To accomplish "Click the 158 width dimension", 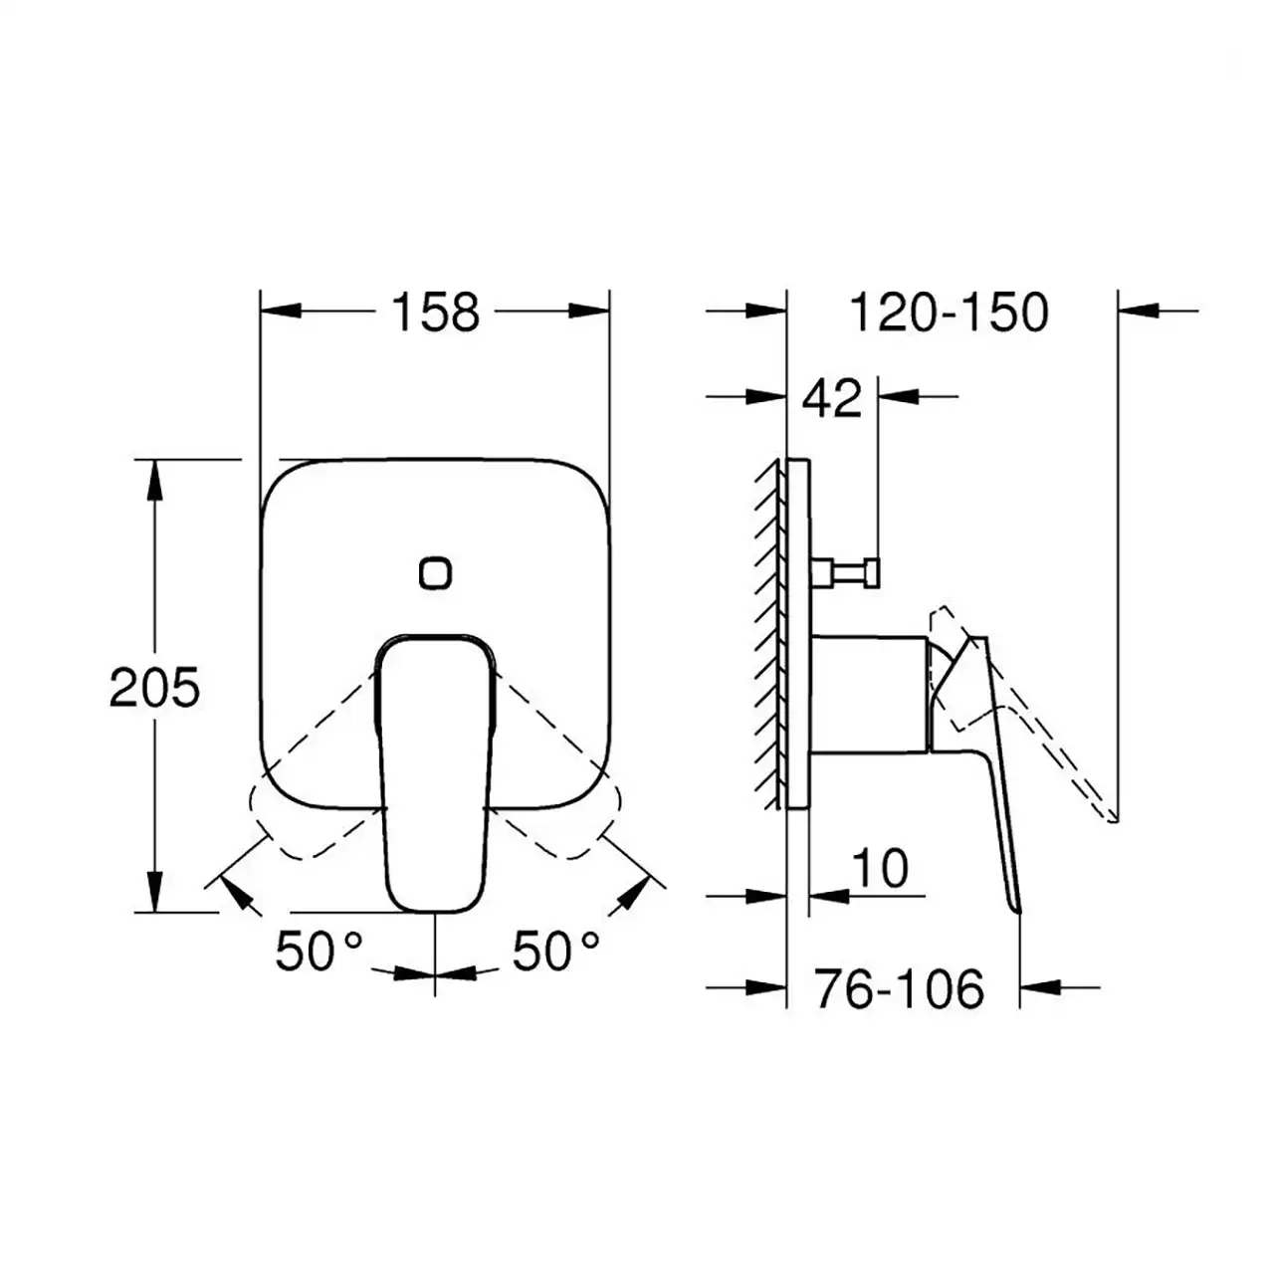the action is click(x=436, y=313).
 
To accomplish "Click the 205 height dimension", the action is click(x=154, y=688).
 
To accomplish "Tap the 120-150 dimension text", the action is click(x=950, y=313).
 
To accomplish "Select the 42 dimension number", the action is click(x=832, y=398).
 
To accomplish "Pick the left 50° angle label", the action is click(x=318, y=951).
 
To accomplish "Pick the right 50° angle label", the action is click(x=556, y=951).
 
